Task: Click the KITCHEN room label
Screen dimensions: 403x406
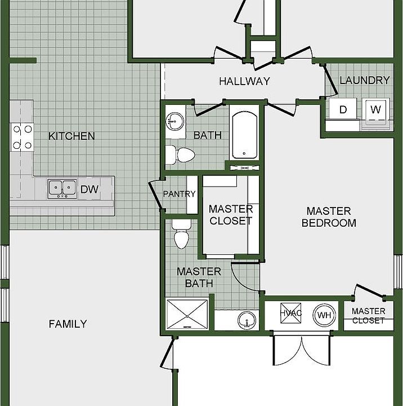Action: [x=71, y=136]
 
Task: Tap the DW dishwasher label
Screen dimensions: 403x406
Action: [x=89, y=189]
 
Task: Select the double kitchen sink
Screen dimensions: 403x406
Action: [x=62, y=189]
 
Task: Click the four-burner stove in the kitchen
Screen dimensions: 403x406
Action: [x=22, y=137]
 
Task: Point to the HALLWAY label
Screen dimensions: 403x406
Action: [x=244, y=81]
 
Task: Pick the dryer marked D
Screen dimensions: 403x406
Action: [x=343, y=109]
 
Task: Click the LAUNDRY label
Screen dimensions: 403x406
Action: [x=365, y=80]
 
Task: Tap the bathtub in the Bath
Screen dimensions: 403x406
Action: [x=244, y=135]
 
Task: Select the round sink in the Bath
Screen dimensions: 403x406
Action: [x=175, y=121]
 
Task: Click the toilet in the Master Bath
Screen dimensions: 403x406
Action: [x=181, y=234]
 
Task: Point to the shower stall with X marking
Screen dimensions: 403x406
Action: [x=187, y=315]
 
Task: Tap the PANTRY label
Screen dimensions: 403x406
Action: [x=179, y=193]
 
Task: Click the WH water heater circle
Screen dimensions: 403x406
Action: [x=324, y=315]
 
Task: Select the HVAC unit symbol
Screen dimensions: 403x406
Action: [x=291, y=313]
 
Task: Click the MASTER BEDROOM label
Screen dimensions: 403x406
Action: [x=329, y=217]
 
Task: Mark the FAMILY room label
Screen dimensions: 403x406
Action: [x=68, y=324]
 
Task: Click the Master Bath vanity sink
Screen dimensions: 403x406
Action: [x=247, y=320]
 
